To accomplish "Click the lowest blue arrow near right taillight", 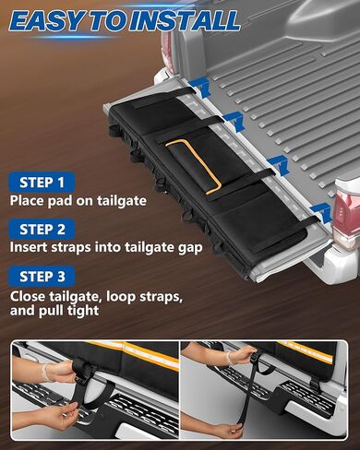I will (x=319, y=211).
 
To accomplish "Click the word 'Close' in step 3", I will (x=28, y=296).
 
